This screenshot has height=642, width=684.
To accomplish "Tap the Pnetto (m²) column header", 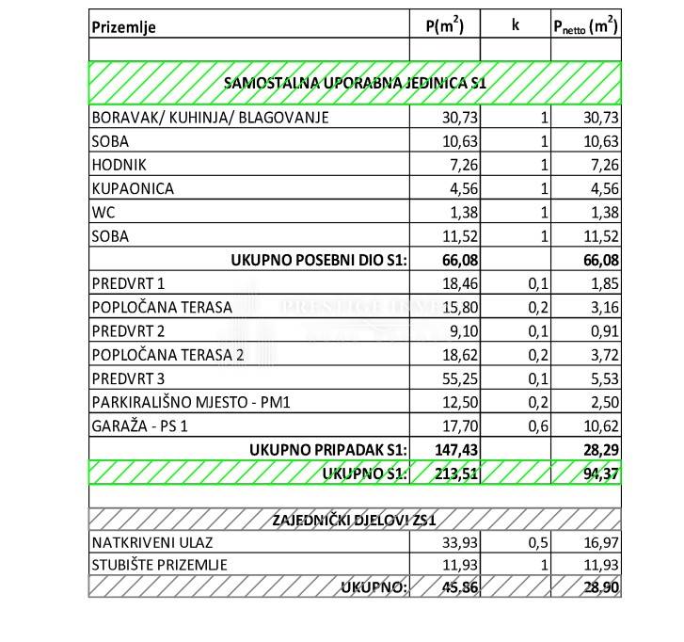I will [x=584, y=25].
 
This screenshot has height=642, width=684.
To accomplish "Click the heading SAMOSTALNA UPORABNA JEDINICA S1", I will [x=355, y=83].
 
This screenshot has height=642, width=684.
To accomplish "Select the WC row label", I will [x=103, y=212].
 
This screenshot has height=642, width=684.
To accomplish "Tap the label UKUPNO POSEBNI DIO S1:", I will [x=319, y=260].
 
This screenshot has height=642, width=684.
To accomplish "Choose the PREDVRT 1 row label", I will [x=128, y=283].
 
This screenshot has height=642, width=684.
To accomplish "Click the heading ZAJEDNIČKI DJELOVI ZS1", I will [x=355, y=521].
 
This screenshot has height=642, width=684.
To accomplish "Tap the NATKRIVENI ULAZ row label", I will [x=145, y=543].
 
